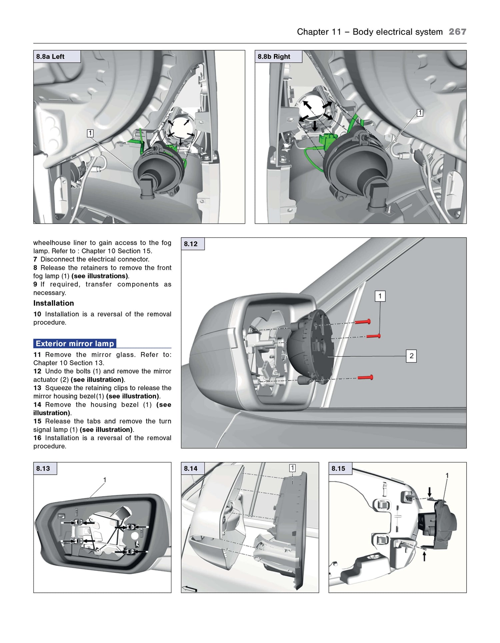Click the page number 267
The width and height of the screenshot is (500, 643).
tap(457, 32)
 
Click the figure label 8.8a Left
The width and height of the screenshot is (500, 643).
tap(50, 57)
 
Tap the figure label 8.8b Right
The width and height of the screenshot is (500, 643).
tap(274, 57)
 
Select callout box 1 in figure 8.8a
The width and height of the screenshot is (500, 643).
tap(90, 133)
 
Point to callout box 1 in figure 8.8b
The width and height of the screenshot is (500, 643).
tap(420, 113)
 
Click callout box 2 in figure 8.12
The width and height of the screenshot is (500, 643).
tap(411, 356)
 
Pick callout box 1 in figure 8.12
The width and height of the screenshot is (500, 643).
tap(380, 296)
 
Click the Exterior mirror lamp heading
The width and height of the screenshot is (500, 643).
tap(75, 344)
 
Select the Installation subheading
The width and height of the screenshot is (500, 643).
tap(54, 303)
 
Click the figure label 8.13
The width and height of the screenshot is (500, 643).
tap(43, 469)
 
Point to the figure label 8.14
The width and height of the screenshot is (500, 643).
tap(191, 469)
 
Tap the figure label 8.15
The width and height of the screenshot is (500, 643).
tap(338, 469)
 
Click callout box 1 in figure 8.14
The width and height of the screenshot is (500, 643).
tap(292, 468)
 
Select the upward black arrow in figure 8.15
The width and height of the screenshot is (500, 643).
tap(424, 556)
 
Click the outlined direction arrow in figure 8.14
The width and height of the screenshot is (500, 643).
tap(190, 589)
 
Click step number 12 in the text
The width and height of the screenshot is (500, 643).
tap(37, 371)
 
